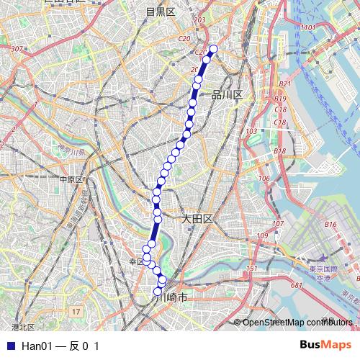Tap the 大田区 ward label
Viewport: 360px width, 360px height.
click(x=196, y=218)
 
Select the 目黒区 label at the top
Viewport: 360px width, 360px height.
click(x=161, y=12)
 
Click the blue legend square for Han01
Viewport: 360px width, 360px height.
click(x=9, y=346)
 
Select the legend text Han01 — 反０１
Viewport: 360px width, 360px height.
click(x=60, y=346)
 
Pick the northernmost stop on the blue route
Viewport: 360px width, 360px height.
click(x=213, y=49)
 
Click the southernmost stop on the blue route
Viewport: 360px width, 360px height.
click(x=158, y=292)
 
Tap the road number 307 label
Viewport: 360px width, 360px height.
click(x=18, y=49)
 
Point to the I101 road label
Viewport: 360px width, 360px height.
click(x=309, y=27)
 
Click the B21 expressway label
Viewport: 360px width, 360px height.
click(x=285, y=84)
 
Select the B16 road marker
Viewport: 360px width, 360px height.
click(x=331, y=225)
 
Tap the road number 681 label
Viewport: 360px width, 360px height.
click(x=296, y=285)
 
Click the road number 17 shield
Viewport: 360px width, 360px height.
click(x=76, y=311)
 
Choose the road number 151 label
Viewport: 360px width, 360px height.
click(x=251, y=269)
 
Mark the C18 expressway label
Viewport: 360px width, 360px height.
click(x=281, y=109)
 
